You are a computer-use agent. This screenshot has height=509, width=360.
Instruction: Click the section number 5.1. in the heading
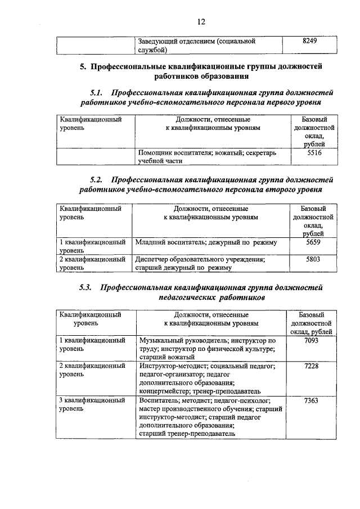coord(98,92)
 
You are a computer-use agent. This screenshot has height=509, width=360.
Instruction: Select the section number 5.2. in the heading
coord(98,180)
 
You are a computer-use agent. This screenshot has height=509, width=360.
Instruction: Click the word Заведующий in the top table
coord(160,42)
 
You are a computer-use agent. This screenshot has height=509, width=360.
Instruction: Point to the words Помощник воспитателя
coord(172,152)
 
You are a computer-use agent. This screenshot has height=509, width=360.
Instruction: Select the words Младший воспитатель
coord(171,242)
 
